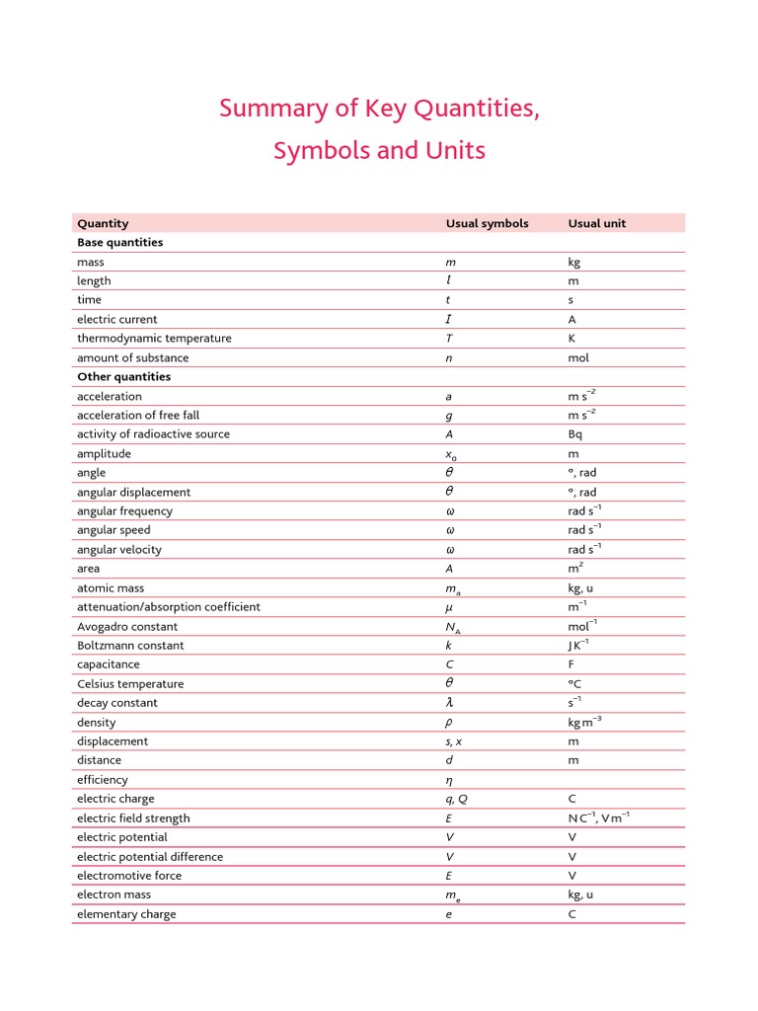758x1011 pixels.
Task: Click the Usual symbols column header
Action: (487, 223)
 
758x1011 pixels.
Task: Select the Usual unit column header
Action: (596, 223)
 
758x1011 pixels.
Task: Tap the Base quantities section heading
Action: (119, 243)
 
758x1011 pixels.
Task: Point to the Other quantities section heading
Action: (123, 377)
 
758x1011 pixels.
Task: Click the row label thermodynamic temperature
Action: (154, 339)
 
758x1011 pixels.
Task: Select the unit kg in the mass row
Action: (574, 263)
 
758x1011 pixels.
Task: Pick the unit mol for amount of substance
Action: (578, 358)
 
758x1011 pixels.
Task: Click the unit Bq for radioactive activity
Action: (575, 434)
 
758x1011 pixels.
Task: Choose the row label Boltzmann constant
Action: (130, 646)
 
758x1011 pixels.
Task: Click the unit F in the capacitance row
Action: (571, 664)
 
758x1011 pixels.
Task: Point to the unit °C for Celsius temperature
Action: (575, 684)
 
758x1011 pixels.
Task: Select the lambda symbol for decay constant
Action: (449, 703)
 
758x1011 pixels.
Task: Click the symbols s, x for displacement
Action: (453, 741)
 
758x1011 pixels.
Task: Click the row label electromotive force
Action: (129, 876)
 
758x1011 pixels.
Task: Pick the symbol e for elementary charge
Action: (449, 914)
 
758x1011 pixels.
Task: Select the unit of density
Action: (584, 723)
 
